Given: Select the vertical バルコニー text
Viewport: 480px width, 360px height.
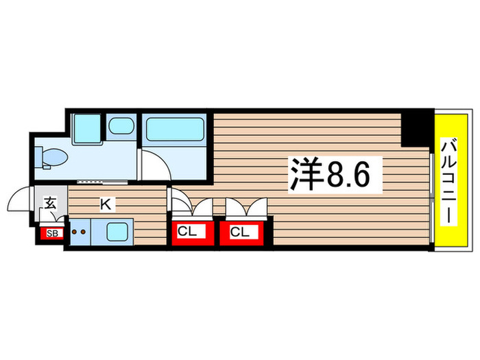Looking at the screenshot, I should coord(450,180).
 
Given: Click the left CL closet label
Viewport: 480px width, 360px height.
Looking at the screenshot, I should coord(187,232).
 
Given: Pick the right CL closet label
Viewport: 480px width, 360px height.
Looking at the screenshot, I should coord(239,232).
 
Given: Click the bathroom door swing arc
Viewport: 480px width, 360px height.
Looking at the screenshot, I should coord(154,165).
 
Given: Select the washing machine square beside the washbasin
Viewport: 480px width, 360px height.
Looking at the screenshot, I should coord(87,127).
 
